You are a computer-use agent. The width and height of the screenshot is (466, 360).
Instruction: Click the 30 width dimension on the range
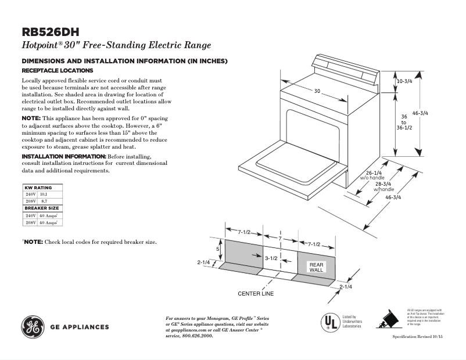tap(317, 91)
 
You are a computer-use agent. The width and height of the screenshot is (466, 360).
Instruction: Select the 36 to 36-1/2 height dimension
tap(404, 122)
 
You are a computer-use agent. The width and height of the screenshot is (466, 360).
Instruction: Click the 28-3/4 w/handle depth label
tap(383, 186)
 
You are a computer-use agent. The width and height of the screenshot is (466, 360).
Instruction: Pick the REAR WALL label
tap(316, 267)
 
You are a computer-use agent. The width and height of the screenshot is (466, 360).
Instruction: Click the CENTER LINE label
tap(256, 294)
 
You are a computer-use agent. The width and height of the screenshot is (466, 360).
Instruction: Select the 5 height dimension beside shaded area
tap(218, 249)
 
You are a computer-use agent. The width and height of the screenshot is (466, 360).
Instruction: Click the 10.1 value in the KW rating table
tap(44, 195)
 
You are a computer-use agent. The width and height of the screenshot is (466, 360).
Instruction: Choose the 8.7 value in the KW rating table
tap(44, 201)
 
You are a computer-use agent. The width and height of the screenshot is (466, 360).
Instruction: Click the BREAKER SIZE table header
tap(41, 208)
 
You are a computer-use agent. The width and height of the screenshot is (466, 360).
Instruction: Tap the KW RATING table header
tap(38, 188)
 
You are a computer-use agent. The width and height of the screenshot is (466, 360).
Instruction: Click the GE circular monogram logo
tap(33, 327)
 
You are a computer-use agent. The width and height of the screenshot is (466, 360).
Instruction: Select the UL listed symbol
tap(330, 321)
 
